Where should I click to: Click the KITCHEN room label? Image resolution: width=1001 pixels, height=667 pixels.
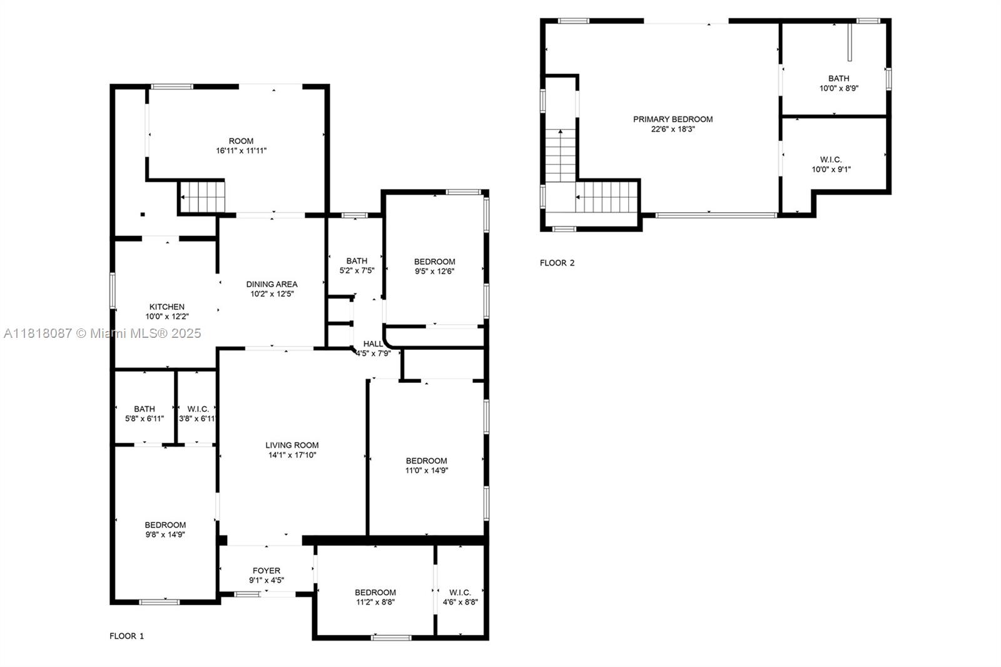click(166, 307)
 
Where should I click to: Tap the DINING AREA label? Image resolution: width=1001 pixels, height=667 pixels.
click(272, 284)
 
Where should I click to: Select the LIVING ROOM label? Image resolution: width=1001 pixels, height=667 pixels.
click(292, 446)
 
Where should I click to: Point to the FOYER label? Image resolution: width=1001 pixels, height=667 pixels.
click(267, 571)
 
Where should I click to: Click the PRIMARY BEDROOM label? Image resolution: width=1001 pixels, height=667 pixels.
click(673, 119)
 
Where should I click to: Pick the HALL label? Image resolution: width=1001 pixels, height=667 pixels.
click(373, 344)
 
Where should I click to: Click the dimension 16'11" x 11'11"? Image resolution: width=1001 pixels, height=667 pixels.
click(241, 151)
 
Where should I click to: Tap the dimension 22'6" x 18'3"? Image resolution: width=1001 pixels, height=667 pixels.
click(673, 129)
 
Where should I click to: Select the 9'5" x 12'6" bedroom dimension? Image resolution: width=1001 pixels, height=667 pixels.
click(434, 272)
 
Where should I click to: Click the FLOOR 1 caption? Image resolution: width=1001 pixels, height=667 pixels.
click(126, 636)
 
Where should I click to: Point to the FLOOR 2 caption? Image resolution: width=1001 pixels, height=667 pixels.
click(557, 263)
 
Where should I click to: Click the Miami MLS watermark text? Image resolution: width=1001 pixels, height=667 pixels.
click(102, 333)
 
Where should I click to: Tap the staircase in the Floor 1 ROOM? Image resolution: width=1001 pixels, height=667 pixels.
click(202, 196)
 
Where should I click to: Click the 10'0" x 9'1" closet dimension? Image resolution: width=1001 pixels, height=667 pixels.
click(831, 169)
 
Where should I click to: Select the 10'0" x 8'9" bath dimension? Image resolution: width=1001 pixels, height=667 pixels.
click(838, 88)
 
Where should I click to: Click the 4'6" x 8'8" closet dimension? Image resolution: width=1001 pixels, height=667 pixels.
click(460, 602)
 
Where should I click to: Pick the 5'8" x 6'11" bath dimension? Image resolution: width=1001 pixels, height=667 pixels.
click(145, 419)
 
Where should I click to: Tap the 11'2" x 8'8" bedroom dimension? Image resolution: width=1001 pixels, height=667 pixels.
click(375, 602)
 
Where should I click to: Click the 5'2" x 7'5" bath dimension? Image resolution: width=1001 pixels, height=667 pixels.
click(357, 271)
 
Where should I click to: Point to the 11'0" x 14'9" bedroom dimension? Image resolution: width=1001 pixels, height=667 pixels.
click(426, 471)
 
